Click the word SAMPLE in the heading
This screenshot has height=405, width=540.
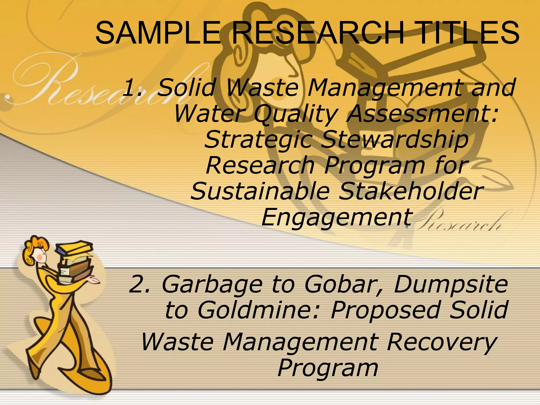point(157,33)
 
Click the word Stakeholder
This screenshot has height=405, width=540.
point(411,191)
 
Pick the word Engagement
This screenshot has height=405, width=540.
point(336,218)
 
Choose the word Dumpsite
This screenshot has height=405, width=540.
point(451,285)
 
